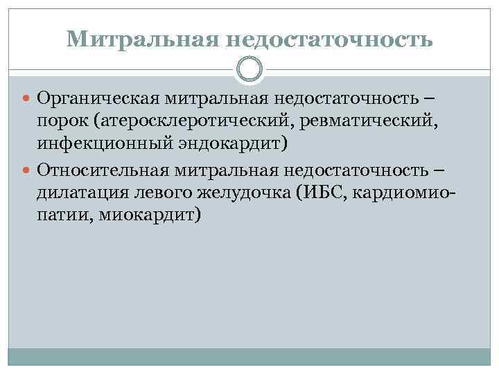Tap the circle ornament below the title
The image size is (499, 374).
[x=249, y=70]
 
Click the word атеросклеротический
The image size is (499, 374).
[x=191, y=124]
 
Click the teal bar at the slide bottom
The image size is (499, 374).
[x=249, y=357]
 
